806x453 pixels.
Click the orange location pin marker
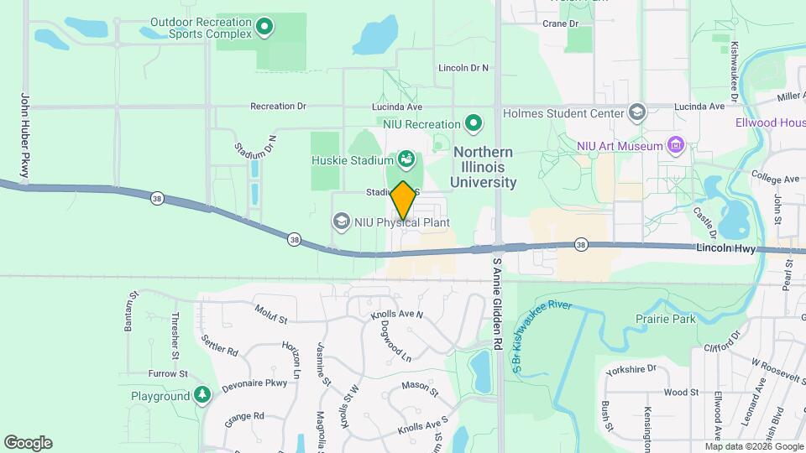(x=403, y=200)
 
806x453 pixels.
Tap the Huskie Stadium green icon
(x=406, y=159)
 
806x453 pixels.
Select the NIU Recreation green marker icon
(x=474, y=124)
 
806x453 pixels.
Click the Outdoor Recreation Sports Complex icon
(x=265, y=28)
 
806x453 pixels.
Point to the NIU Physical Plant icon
(x=341, y=222)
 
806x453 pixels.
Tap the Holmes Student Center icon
(x=637, y=113)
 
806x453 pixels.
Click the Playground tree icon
(x=201, y=394)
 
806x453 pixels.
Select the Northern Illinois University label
(x=482, y=167)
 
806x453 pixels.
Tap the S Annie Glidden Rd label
(x=497, y=304)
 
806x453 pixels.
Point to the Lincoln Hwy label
(x=726, y=249)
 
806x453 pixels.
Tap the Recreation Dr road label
(x=278, y=107)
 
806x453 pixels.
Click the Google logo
(x=28, y=443)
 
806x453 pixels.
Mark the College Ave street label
(x=775, y=180)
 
